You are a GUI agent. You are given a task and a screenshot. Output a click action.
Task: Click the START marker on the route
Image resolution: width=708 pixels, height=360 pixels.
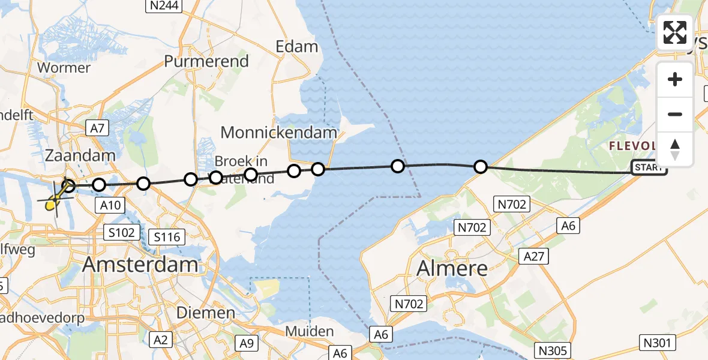(x=648, y=168)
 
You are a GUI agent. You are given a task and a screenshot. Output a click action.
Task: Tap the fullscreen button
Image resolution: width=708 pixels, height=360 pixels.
(x=675, y=32)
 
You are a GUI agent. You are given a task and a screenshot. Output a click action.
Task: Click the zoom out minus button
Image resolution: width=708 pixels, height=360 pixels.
(x=675, y=114)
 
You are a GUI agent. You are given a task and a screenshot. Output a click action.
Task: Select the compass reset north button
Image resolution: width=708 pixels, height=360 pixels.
(x=675, y=149)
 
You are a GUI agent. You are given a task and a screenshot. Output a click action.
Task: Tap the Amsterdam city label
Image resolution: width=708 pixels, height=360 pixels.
(x=140, y=264)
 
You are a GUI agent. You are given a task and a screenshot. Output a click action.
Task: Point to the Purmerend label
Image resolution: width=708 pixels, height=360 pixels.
(x=206, y=61)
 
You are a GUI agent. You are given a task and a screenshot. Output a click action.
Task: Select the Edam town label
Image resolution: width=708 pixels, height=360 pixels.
(x=296, y=47)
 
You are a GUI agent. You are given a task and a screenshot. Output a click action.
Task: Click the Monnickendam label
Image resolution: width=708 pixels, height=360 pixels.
(x=279, y=132)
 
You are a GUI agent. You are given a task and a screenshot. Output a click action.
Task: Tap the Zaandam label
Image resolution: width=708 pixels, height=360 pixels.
(x=80, y=156)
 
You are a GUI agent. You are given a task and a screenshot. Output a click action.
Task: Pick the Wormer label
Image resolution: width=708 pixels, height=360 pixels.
(x=64, y=67)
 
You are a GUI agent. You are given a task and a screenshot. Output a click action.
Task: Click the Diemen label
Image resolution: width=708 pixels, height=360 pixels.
(x=206, y=313)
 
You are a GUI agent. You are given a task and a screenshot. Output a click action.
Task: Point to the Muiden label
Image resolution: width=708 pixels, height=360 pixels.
(x=310, y=331)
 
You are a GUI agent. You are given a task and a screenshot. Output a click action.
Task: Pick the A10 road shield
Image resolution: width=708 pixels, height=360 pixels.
(x=110, y=206)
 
